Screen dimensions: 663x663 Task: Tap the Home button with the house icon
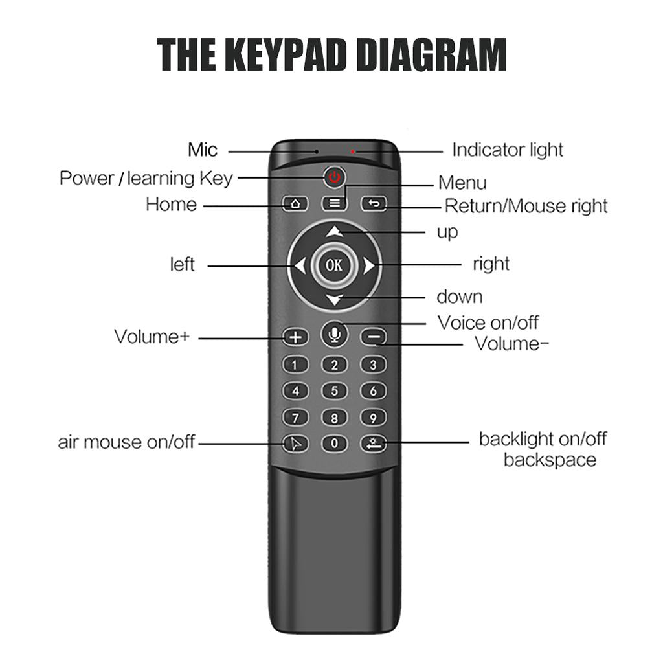tap(296, 203)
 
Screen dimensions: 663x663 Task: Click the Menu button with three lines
tap(334, 203)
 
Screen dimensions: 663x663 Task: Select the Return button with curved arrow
tap(373, 204)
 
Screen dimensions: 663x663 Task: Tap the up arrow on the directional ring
tap(334, 231)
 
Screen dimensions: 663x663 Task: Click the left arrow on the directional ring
tap(300, 265)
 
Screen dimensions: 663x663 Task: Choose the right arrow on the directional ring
tap(368, 265)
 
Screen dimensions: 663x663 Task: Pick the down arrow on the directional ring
tap(334, 299)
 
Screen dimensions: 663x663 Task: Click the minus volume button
tap(373, 337)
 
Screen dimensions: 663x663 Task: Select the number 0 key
tap(334, 444)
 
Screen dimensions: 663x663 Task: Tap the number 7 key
tap(296, 418)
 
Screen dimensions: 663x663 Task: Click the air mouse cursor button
tap(296, 444)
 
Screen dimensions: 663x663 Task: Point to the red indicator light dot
tap(353, 152)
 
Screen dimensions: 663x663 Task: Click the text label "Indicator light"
tap(507, 150)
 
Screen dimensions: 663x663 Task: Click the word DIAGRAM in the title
tap(431, 56)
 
